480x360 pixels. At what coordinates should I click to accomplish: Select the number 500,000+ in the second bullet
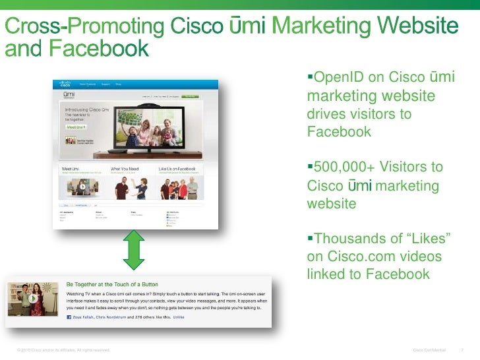(x=341, y=169)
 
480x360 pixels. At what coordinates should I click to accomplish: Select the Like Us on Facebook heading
(x=179, y=169)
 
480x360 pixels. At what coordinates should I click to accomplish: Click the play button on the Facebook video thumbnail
(x=32, y=300)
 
